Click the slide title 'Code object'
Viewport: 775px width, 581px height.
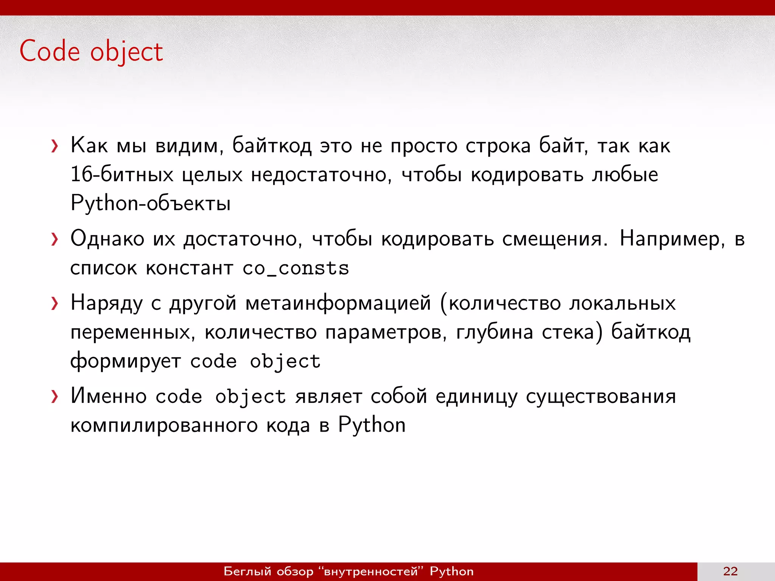(91, 51)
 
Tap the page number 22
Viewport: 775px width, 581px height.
(730, 571)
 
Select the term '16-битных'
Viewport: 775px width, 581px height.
(122, 175)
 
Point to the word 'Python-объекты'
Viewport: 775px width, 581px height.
(151, 204)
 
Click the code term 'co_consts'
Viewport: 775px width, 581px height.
(296, 269)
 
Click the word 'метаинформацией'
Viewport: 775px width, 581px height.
(338, 303)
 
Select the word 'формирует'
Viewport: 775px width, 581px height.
(126, 362)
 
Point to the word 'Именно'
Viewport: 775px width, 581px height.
(109, 396)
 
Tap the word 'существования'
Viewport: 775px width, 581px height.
(601, 396)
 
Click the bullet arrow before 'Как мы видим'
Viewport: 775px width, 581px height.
(55, 146)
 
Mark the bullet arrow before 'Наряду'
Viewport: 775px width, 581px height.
(55, 303)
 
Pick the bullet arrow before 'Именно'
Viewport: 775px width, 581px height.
(55, 396)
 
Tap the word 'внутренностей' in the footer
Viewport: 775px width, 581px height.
(371, 571)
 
